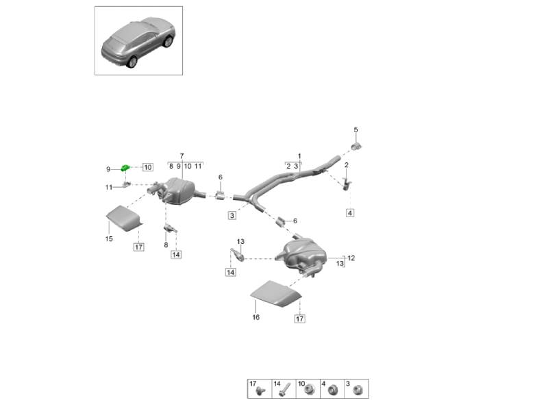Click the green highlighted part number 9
coord(125,168)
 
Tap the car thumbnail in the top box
coord(138,41)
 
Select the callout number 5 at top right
coord(356,130)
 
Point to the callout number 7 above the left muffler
coord(182,156)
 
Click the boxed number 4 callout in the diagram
coord(350,214)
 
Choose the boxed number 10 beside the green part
coord(148,167)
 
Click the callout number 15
coord(108,239)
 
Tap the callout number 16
coord(256,317)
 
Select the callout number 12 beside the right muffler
coord(351,258)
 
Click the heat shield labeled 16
coord(275,295)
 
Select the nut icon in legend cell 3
coord(357,391)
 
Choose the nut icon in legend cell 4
coord(333,391)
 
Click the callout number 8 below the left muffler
coord(165,245)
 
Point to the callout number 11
coord(108,188)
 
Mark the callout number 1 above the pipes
coord(299,156)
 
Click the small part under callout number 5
coord(356,145)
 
